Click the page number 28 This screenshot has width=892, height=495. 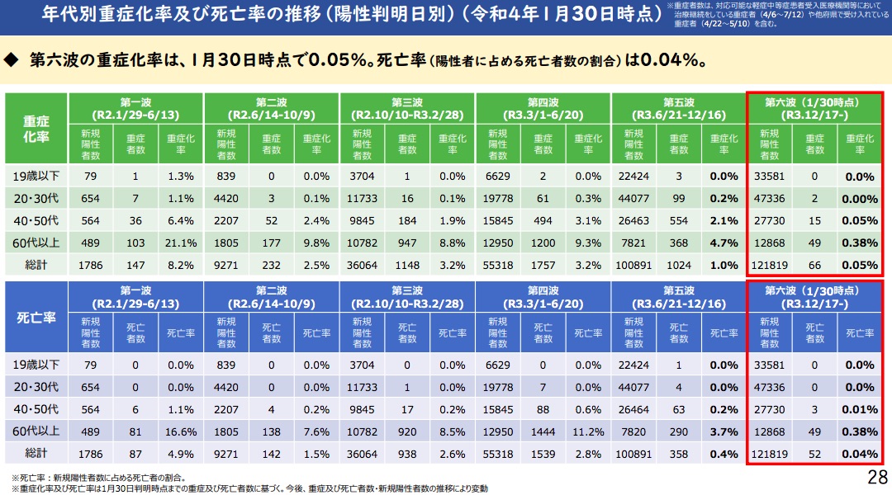877,478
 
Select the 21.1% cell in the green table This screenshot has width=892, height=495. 181,243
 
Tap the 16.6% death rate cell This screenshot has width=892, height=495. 181,431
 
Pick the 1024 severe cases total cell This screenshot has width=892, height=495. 679,265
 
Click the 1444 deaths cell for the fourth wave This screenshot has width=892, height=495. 543,431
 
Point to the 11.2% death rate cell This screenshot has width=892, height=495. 587,431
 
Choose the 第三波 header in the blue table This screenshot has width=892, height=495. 406,297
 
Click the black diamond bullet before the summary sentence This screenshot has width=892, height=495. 12,60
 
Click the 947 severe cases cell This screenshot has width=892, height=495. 407,243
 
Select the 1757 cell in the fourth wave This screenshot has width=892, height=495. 543,265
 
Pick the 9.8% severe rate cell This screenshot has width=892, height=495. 316,243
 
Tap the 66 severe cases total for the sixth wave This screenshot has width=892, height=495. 814,265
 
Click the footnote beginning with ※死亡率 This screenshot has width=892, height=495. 99,477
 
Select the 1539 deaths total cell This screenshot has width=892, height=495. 543,454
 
